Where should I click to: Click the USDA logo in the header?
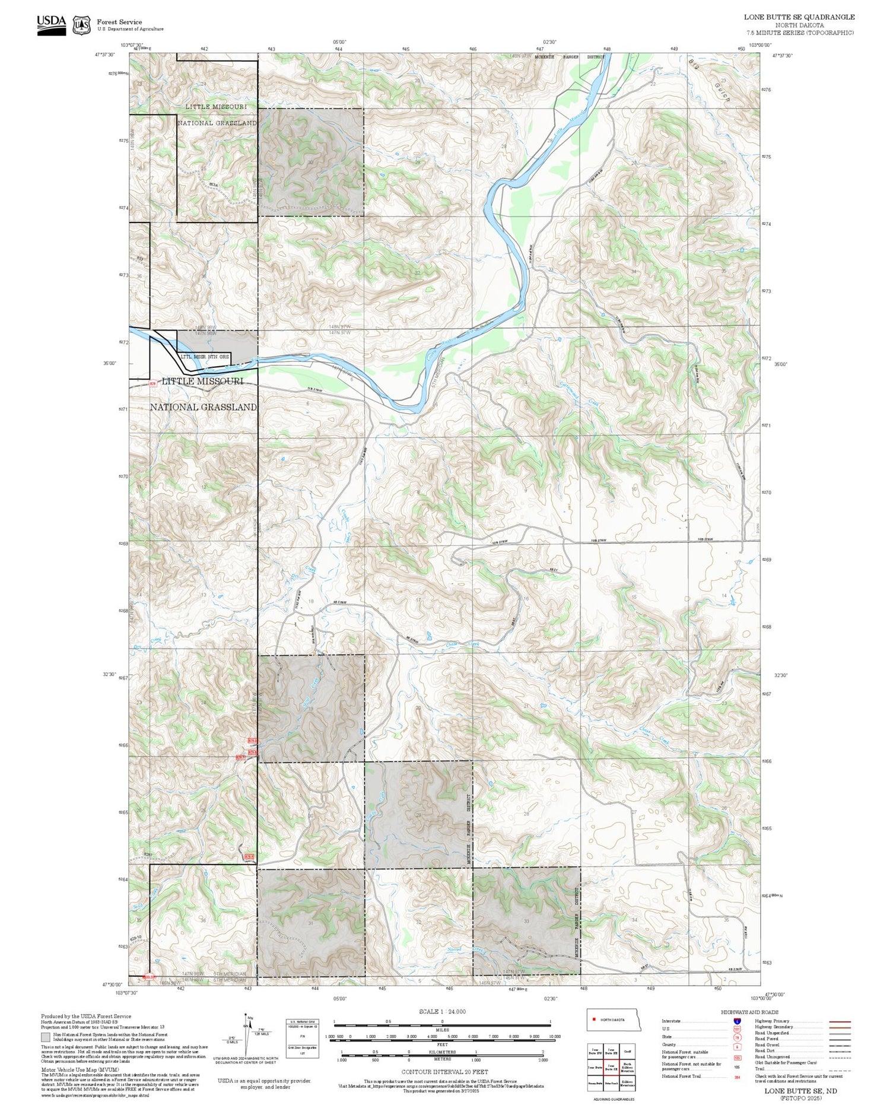(51, 25)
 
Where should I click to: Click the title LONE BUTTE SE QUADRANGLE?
(799, 17)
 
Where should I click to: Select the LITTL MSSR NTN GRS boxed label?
(205, 357)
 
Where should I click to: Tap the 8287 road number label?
(149, 854)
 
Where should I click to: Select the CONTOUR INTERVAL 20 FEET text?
(445, 1072)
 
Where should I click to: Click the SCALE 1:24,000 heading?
(442, 1011)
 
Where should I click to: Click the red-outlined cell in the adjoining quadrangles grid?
(611, 1066)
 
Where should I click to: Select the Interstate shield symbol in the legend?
(737, 1021)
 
